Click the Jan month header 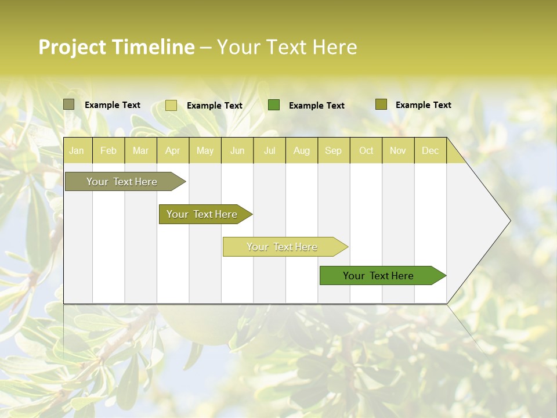[77, 150]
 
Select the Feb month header [108, 150]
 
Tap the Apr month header [172, 150]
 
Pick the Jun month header [237, 150]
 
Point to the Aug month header [301, 150]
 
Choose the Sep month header [333, 150]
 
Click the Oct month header [366, 150]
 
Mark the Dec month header [430, 150]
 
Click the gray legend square [69, 105]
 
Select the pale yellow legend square [171, 105]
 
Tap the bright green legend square [274, 105]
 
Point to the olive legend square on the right [381, 105]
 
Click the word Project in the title [73, 47]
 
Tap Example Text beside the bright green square [316, 106]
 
